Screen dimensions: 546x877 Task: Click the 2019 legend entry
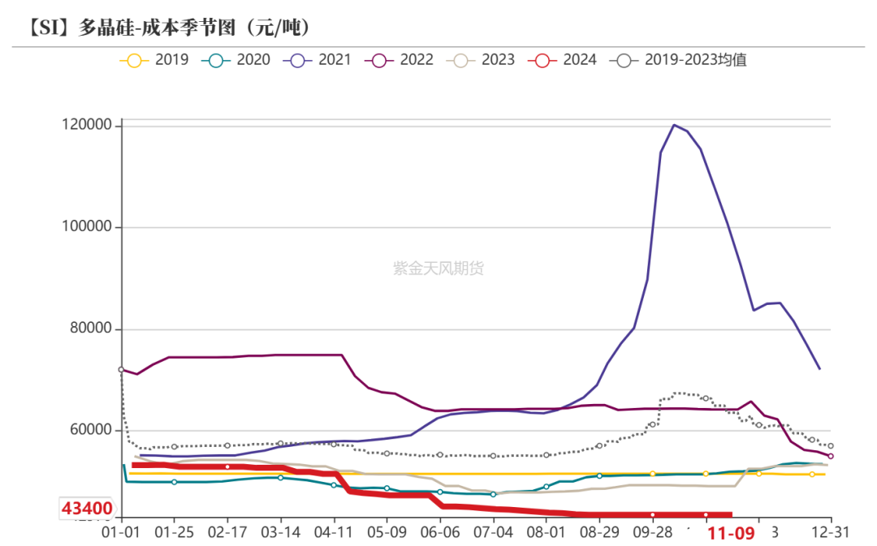tap(154, 59)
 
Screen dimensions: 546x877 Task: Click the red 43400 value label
tap(87, 509)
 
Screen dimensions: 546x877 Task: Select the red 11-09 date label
tap(731, 533)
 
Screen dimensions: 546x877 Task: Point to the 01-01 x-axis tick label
tap(120, 532)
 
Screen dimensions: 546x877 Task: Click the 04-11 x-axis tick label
tap(334, 532)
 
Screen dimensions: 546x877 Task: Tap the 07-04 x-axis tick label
tap(493, 532)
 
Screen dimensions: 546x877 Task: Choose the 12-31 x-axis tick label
tap(831, 532)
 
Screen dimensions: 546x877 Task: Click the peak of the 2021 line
tap(674, 125)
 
